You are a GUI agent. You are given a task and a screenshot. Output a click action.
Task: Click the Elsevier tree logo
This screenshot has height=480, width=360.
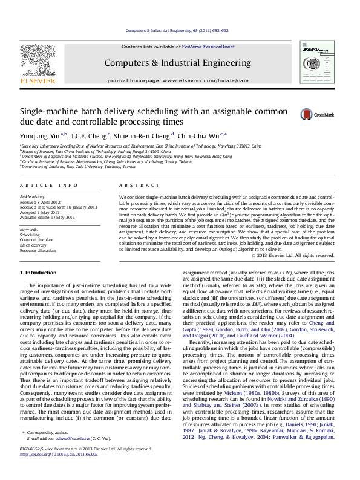pyautogui.click(x=38, y=60)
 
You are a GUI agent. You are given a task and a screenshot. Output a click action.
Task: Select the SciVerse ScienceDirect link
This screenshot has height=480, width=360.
pyautogui.click(x=213, y=47)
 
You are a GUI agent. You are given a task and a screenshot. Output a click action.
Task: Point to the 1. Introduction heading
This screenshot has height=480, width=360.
pyautogui.click(x=41, y=274)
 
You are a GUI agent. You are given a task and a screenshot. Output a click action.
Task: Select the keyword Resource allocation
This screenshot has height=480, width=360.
pyautogui.click(x=38, y=250)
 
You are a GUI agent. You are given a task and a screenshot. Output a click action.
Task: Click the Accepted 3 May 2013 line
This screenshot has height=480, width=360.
pyautogui.click(x=42, y=212)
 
